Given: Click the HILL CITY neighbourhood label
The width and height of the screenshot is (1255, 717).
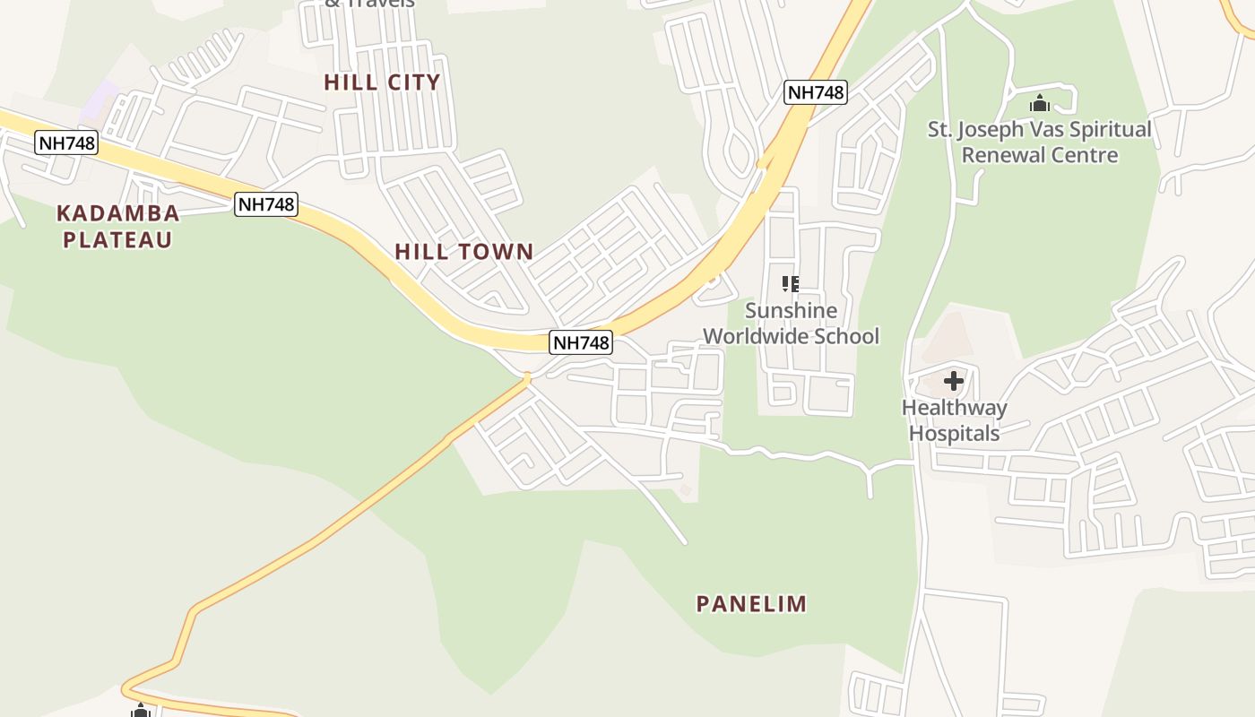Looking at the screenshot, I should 382,82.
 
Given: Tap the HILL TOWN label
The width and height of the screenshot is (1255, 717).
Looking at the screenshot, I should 464,252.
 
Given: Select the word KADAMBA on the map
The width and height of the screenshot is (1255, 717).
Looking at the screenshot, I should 117,213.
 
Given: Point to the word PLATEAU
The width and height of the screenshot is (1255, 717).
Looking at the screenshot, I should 117,239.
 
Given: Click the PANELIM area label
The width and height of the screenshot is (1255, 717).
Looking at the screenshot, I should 751,604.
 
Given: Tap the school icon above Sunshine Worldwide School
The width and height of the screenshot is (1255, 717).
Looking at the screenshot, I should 790,284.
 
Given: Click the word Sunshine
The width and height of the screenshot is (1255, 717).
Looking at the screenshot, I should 792,311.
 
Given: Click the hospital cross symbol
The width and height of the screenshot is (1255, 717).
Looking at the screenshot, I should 954,382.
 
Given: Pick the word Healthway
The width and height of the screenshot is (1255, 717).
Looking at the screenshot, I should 954,408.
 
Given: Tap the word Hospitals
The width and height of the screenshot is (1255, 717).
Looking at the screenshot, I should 954,434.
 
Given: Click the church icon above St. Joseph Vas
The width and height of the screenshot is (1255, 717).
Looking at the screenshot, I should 1040,104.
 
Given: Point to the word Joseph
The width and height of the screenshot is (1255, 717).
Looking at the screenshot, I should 991,130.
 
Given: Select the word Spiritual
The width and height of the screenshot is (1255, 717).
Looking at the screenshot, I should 1107,130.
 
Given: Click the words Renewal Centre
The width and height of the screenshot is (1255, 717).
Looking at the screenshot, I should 1040,155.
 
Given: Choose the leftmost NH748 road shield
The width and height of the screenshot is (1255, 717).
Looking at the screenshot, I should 66,142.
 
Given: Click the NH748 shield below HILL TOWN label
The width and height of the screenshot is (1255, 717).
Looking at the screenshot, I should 581,342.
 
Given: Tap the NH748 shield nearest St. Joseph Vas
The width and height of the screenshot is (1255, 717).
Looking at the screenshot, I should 815,92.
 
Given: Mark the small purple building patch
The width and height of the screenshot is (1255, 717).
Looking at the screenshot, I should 100,100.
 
